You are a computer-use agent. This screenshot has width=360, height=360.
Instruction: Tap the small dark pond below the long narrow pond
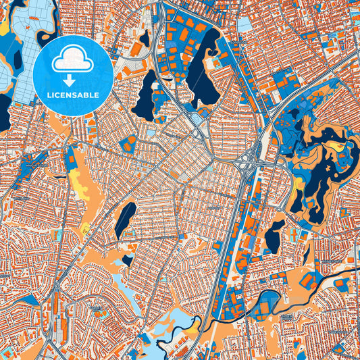(128, 260)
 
